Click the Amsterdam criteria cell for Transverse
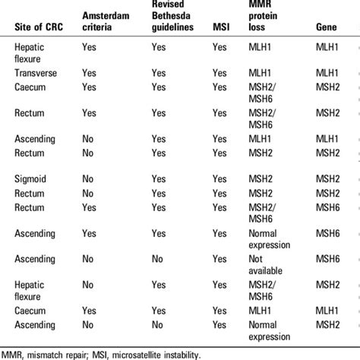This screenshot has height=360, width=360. coord(88,73)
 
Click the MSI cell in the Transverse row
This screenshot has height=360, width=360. coord(219,73)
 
